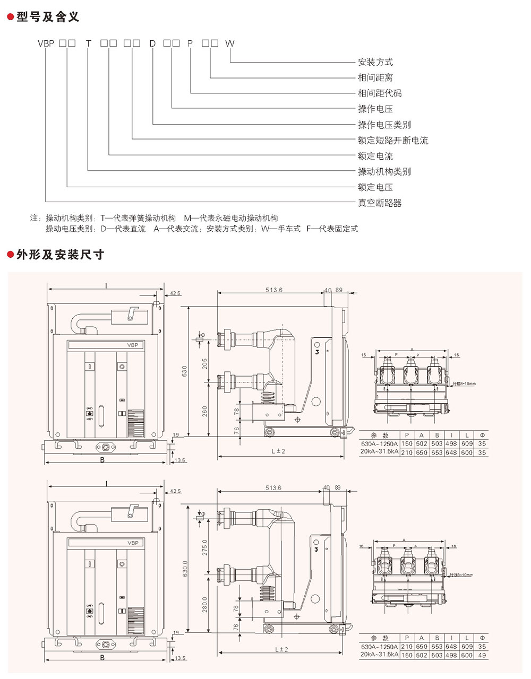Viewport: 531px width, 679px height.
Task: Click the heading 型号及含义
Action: pyautogui.click(x=48, y=17)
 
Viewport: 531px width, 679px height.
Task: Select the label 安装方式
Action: pyautogui.click(x=375, y=62)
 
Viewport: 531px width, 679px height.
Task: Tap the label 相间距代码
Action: pyautogui.click(x=380, y=93)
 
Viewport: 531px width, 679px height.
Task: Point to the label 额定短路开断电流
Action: pyautogui.click(x=393, y=141)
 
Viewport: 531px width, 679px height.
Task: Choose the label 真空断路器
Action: pyautogui.click(x=380, y=203)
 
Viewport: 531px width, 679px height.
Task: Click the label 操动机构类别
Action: pyautogui.click(x=384, y=171)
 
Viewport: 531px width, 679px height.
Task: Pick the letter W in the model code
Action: pyautogui.click(x=229, y=43)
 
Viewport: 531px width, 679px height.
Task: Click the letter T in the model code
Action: pyautogui.click(x=89, y=43)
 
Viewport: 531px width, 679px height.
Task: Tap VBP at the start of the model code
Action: pyautogui.click(x=46, y=43)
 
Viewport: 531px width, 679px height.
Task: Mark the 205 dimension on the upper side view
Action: pyautogui.click(x=205, y=364)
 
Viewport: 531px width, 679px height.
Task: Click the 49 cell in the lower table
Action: pyautogui.click(x=482, y=655)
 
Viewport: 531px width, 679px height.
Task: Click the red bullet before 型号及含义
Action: pyautogui.click(x=10, y=18)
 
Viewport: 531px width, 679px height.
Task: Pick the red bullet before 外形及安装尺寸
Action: pyautogui.click(x=10, y=255)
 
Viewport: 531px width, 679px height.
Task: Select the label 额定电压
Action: pyautogui.click(x=375, y=187)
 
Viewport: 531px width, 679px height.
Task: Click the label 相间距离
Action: pyautogui.click(x=375, y=78)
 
